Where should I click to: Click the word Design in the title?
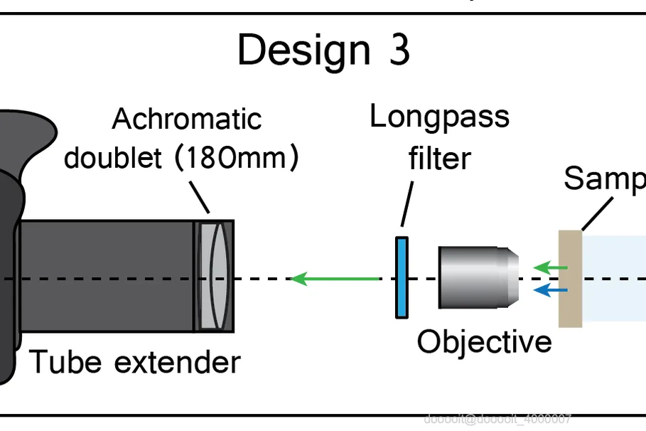click(x=303, y=50)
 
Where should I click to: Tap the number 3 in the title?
click(x=399, y=50)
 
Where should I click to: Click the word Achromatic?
click(x=187, y=119)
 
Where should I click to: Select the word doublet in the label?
click(x=113, y=157)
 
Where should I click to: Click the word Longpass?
click(x=439, y=117)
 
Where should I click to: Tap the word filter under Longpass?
click(x=439, y=157)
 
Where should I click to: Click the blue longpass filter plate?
click(x=402, y=277)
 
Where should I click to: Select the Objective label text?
click(x=484, y=341)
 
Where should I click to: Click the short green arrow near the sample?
click(x=551, y=268)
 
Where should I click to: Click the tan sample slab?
click(x=570, y=278)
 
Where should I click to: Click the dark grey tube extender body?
click(x=107, y=276)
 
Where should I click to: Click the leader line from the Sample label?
click(x=597, y=213)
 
